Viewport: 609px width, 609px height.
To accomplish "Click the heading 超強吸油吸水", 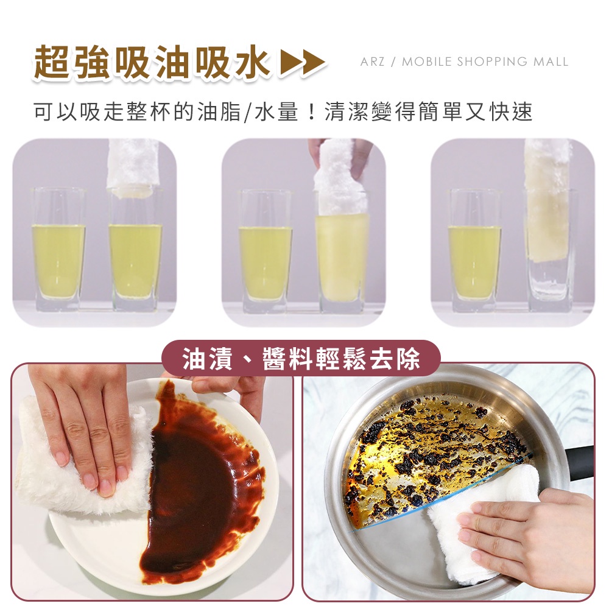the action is click(152, 62).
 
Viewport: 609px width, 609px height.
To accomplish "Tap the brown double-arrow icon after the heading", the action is click(303, 62).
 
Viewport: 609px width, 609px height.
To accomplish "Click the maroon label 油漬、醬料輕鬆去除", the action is click(301, 358).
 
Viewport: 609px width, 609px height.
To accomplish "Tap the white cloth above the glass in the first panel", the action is click(133, 166).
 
